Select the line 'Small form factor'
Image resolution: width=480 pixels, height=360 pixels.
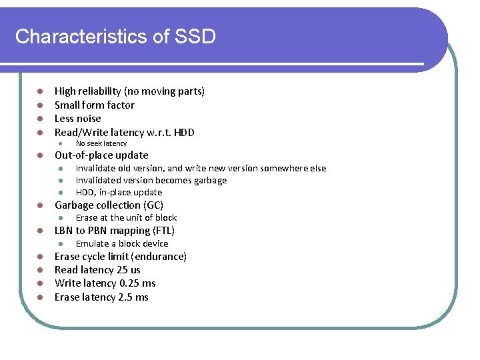click(x=94, y=105)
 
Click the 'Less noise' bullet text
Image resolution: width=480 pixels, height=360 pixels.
click(x=77, y=118)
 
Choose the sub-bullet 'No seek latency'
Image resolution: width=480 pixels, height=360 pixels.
click(x=101, y=143)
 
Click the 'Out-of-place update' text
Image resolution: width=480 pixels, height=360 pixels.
click(x=101, y=155)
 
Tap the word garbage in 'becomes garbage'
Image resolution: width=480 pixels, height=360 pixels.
click(x=207, y=180)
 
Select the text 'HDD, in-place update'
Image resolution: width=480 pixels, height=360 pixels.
click(x=119, y=192)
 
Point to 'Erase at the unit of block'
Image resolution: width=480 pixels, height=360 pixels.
click(x=126, y=217)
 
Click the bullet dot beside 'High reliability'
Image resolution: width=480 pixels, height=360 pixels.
click(x=40, y=91)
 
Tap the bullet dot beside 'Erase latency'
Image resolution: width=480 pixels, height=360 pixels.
click(x=40, y=297)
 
